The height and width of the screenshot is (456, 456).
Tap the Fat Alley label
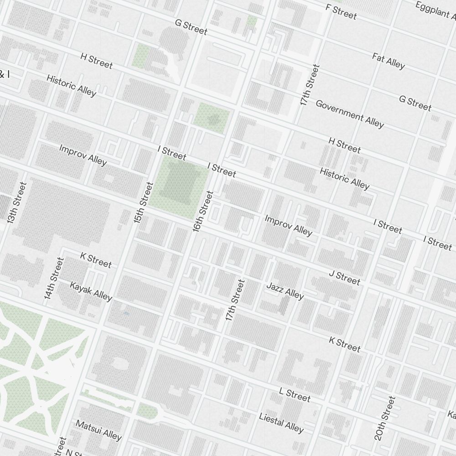(x=389, y=61)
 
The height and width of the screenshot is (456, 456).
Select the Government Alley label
(x=350, y=114)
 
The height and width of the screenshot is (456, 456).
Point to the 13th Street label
(x=17, y=203)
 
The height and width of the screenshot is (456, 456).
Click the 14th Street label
(x=54, y=278)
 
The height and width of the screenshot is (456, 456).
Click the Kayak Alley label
(x=91, y=291)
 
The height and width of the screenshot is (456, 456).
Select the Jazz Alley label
(x=285, y=291)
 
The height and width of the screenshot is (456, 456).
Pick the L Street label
(x=295, y=395)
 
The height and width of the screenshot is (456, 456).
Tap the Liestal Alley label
(x=281, y=423)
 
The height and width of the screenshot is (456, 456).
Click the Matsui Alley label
(x=98, y=430)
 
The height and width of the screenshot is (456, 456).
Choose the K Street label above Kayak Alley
(x=95, y=260)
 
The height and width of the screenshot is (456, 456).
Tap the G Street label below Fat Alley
(x=415, y=103)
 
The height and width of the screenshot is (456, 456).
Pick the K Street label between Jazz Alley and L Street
(x=345, y=345)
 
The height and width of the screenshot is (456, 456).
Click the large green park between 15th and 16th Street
(x=178, y=185)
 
